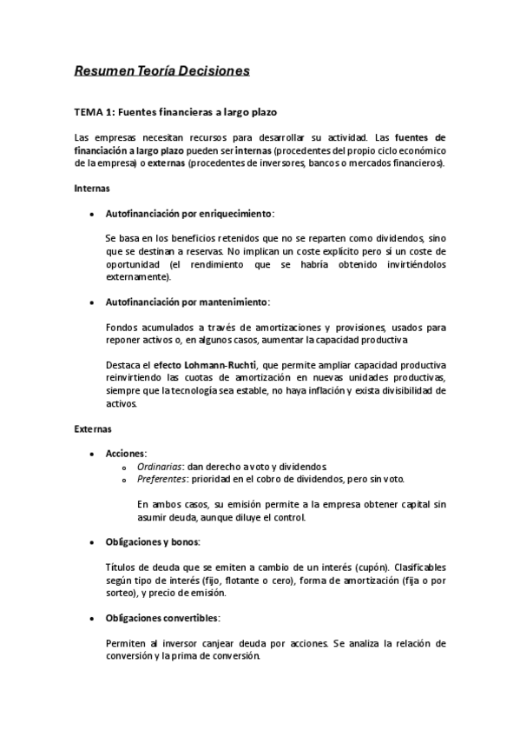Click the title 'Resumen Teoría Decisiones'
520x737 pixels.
pyautogui.click(x=161, y=69)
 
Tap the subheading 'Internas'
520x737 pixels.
pyautogui.click(x=91, y=187)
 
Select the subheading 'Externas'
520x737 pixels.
pyautogui.click(x=92, y=428)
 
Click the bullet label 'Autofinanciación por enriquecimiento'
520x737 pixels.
pyautogui.click(x=188, y=212)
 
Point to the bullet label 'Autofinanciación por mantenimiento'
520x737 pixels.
pyautogui.click(x=186, y=302)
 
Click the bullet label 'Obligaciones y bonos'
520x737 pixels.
pyautogui.click(x=151, y=542)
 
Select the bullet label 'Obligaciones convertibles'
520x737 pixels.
pyautogui.click(x=161, y=618)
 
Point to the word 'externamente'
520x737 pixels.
pyautogui.click(x=137, y=277)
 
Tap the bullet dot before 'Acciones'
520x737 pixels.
pyautogui.click(x=92, y=455)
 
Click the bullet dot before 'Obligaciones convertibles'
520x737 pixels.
pyautogui.click(x=92, y=618)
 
